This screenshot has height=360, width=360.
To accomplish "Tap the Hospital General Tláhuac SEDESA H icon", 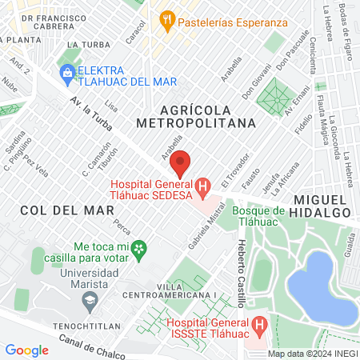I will click(203, 190).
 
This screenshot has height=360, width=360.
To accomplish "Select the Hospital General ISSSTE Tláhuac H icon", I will click(258, 326).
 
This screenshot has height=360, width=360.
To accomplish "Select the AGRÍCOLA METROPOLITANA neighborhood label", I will click(196, 115).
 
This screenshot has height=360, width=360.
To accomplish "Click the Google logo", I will click(27, 350).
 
